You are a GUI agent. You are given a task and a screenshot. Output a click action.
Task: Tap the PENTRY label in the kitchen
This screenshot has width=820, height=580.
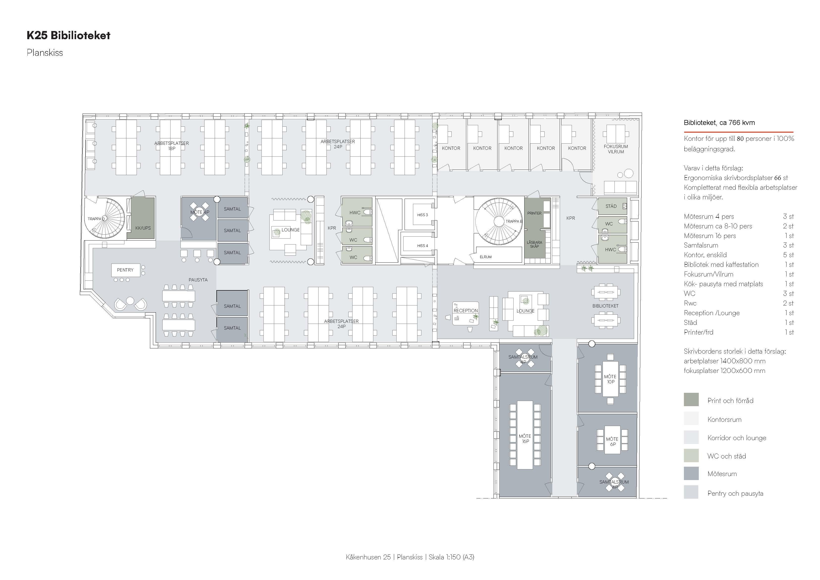(x=125, y=270)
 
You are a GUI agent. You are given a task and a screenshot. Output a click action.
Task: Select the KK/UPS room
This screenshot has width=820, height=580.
(x=143, y=218)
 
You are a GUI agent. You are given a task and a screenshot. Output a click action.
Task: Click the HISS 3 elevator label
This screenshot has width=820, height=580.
(x=422, y=215)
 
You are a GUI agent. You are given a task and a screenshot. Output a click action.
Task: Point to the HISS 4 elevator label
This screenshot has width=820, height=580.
(x=422, y=245)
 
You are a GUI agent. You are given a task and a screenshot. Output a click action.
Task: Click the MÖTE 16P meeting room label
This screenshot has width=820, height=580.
(x=525, y=438)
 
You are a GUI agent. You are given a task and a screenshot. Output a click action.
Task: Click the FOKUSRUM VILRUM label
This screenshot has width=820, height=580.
(x=616, y=149)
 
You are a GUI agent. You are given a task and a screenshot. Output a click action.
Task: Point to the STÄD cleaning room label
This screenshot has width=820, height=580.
(x=611, y=206)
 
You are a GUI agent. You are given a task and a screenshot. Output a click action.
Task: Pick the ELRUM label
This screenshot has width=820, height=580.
(x=486, y=257)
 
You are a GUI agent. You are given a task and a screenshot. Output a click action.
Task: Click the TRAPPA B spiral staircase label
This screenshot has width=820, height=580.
(x=514, y=221)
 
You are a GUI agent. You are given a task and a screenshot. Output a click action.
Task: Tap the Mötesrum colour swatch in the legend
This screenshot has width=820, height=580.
(x=691, y=474)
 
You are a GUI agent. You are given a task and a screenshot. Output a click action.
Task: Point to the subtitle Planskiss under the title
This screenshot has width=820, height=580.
(x=45, y=53)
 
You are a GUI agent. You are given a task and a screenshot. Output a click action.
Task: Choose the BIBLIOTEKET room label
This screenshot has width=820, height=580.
(x=605, y=306)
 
